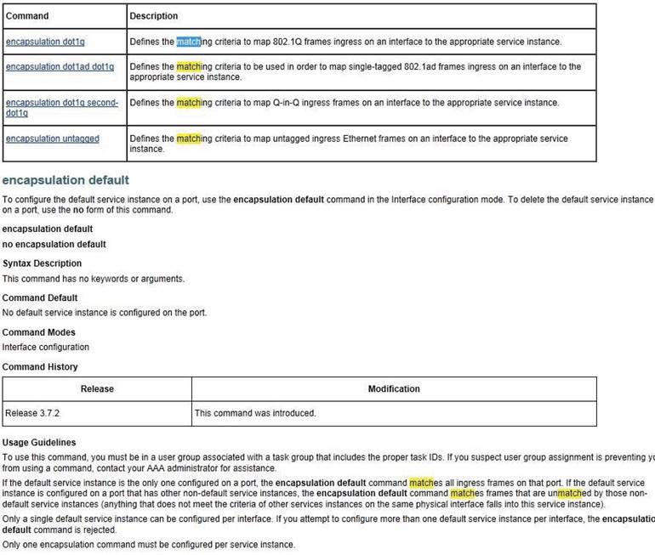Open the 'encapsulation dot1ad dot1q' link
click(x=60, y=66)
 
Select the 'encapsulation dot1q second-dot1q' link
click(x=61, y=107)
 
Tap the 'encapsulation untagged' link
click(x=53, y=139)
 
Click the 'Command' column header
click(x=27, y=15)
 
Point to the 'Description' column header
click(x=154, y=15)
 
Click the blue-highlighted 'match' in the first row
click(x=188, y=41)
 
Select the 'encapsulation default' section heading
click(x=65, y=180)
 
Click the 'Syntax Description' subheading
click(x=42, y=263)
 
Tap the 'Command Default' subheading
click(x=40, y=297)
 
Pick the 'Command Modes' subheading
click(x=38, y=332)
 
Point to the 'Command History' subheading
click(x=40, y=367)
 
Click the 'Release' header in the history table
click(x=96, y=389)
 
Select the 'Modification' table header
click(x=394, y=389)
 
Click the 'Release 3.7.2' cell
click(x=32, y=413)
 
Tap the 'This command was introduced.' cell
click(x=255, y=413)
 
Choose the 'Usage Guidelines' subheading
click(x=39, y=442)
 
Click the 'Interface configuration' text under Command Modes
click(x=45, y=347)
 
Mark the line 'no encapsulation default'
click(x=54, y=244)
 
